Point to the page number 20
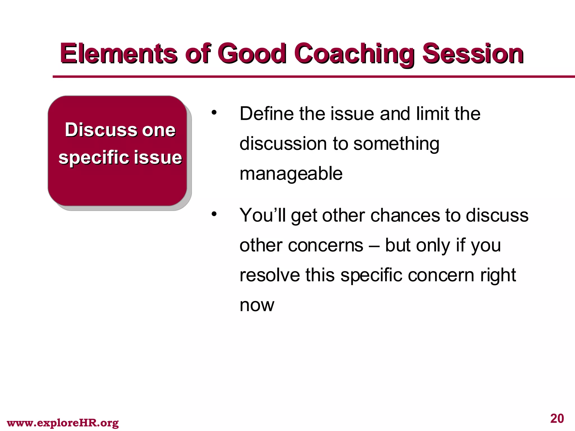click(557, 418)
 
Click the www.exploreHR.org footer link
click(63, 423)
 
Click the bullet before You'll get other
click(214, 214)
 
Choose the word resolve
click(270, 275)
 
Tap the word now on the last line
click(257, 305)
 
